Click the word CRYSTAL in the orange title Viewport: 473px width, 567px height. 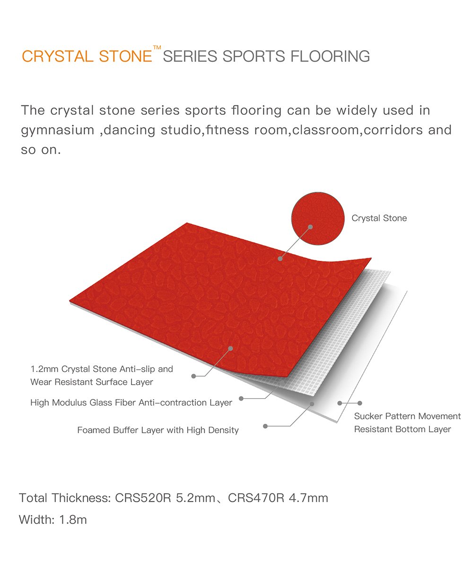57,56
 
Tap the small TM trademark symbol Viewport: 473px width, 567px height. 157,47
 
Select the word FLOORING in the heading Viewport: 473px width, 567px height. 330,56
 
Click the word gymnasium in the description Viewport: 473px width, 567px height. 58,130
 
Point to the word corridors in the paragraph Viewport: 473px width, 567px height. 393,130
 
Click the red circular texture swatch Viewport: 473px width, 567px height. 317,218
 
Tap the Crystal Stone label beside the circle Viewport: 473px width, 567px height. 379,218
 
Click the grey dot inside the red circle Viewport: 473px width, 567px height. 310,227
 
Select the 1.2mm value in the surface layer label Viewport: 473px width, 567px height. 44,369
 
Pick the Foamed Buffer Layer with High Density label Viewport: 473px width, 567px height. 158,430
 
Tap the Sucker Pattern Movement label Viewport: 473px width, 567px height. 407,416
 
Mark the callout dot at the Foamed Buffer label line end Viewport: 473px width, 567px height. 265,426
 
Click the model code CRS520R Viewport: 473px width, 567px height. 143,498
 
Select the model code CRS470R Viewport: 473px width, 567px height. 256,498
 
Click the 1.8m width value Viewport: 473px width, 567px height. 73,520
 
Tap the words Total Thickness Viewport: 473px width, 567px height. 65,498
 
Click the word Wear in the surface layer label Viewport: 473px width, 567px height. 41,382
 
